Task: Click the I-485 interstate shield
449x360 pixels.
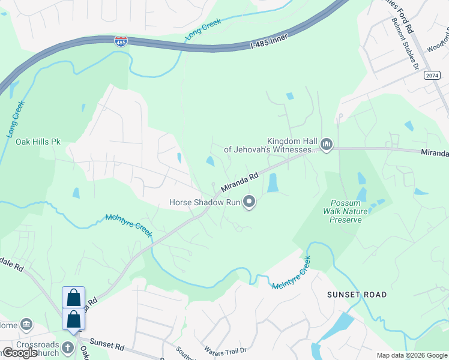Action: click(121, 41)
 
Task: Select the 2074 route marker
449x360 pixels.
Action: click(431, 75)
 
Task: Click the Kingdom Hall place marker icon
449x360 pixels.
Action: click(327, 145)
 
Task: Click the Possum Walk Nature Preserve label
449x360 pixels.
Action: click(345, 211)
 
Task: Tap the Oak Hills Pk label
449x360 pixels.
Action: click(38, 142)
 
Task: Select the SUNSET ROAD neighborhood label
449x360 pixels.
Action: click(354, 295)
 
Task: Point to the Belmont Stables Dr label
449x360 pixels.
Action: click(405, 43)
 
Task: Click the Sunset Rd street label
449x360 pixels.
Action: click(108, 346)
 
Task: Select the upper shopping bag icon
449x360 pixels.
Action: click(73, 297)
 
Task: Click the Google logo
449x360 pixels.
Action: click(20, 352)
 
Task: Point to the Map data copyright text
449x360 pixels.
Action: click(412, 355)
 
